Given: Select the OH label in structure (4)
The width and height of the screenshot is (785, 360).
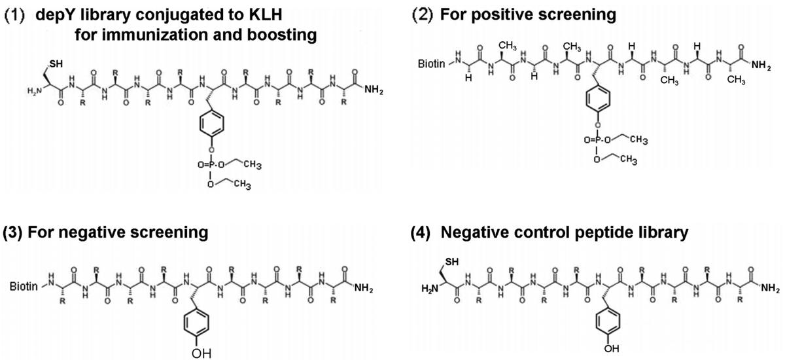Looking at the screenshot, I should tap(611, 348).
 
